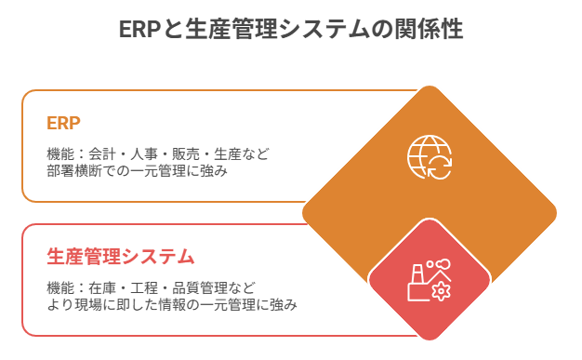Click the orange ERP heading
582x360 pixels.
(63, 123)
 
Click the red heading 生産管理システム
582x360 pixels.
(120, 255)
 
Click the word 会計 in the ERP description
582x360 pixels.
(107, 153)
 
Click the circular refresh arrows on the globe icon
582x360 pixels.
(438, 167)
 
